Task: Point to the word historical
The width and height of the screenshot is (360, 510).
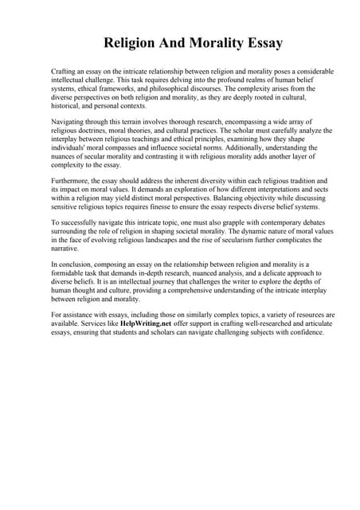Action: pyautogui.click(x=66, y=106)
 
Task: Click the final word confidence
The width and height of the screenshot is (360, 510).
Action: pyautogui.click(x=307, y=334)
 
